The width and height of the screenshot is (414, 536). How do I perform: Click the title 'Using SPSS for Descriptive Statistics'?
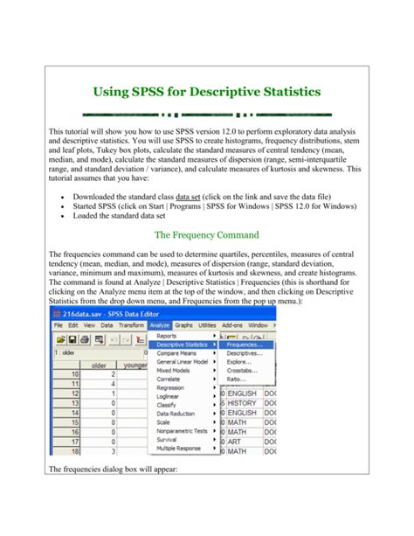point(206,91)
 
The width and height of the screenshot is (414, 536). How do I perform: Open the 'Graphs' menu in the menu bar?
point(184,324)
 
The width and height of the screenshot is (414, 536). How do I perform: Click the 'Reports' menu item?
point(166,335)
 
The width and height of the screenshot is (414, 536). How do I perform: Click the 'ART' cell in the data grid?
point(234,442)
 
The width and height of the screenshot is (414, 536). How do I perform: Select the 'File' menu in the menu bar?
point(59,324)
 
